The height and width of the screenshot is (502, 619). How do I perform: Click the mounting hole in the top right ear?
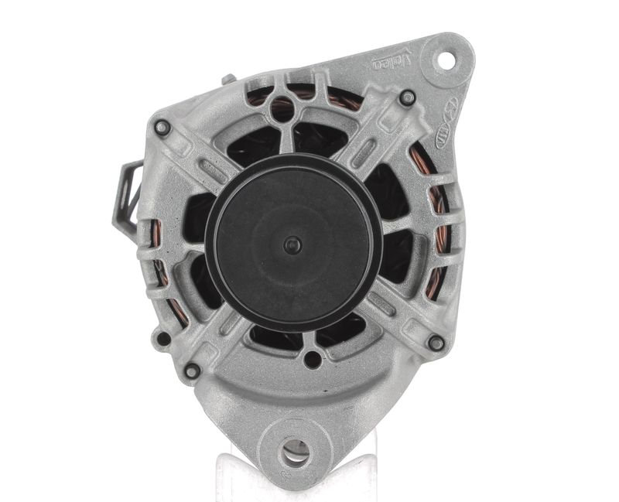click(447, 59)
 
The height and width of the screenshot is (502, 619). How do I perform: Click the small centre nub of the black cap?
click(292, 244)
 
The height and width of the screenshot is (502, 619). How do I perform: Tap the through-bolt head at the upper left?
click(162, 128)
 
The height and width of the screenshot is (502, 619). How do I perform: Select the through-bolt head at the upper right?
click(407, 98)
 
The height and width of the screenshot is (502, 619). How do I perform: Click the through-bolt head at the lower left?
click(191, 371)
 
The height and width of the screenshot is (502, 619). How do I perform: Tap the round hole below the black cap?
click(312, 359)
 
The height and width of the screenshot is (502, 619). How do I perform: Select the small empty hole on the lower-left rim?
click(163, 339)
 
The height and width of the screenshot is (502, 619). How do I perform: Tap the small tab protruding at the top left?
click(227, 80)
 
